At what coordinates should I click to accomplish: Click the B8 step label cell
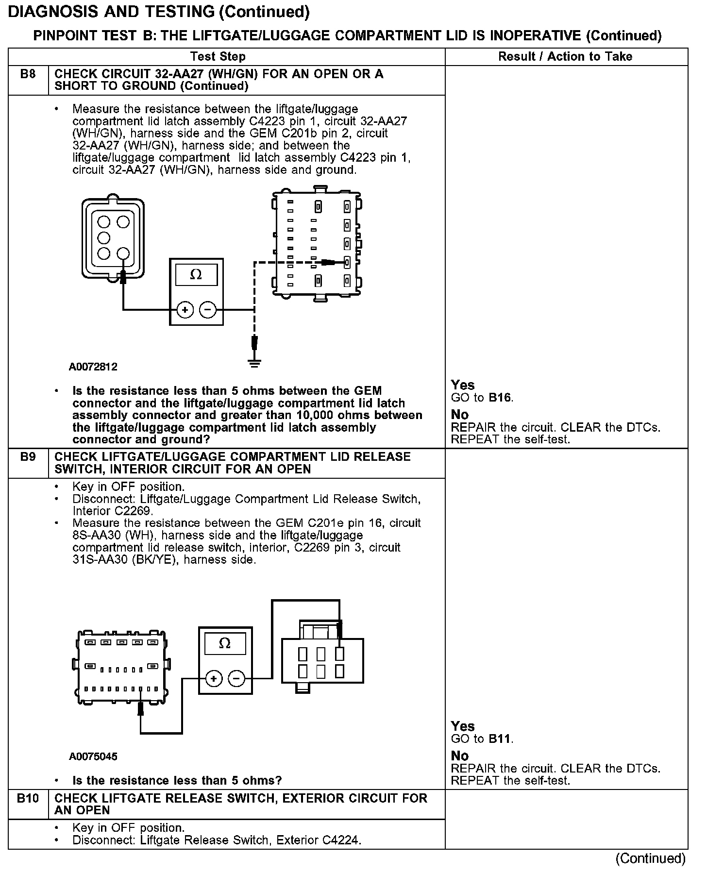click(x=28, y=75)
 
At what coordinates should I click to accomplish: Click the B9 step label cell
click(x=28, y=458)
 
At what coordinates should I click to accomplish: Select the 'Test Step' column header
click(x=218, y=57)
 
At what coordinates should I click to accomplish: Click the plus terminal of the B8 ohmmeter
click(x=185, y=309)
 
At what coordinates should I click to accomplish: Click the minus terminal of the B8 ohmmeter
click(x=208, y=309)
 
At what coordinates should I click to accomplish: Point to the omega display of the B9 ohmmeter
click(x=225, y=643)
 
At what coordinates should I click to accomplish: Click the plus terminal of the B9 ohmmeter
click(x=214, y=678)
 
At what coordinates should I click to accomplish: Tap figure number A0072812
click(x=93, y=367)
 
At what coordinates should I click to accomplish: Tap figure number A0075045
click(x=93, y=756)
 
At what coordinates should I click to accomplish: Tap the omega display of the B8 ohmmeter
click(x=196, y=275)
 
